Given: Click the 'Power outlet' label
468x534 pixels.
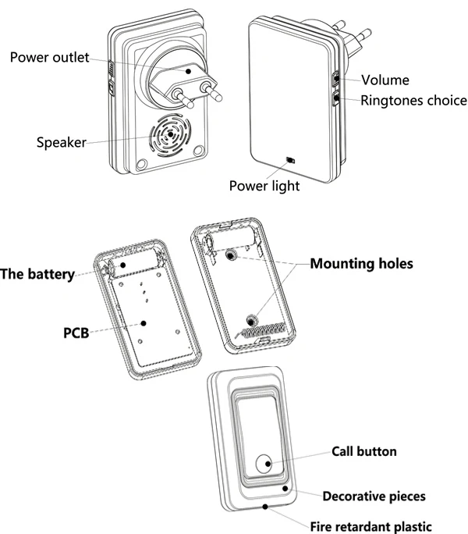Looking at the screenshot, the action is pos(49,58).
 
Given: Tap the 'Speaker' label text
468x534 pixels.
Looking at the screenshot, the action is pos(62,142).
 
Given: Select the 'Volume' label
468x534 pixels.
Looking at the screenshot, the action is pos(385,80).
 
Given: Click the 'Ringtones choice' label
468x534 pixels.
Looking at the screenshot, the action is pos(413,101).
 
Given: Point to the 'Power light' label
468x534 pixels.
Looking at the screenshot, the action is pos(264,186).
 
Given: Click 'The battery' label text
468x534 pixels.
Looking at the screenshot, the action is pos(37,274).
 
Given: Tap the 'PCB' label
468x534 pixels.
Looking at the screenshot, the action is pos(76,333).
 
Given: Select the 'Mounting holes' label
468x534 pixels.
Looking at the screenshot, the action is pos(361,264).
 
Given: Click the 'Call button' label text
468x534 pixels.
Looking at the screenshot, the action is pos(363,451).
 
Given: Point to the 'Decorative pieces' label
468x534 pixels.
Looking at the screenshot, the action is pos(374,497).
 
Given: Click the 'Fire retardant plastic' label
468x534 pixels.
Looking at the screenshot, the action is pos(370,526).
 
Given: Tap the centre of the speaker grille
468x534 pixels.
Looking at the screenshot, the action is pos(170,134).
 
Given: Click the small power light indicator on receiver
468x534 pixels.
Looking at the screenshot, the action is pos(291,160).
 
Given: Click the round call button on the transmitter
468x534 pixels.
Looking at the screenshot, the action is pos(264,464).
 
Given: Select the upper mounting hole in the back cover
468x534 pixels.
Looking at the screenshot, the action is pos(231,255).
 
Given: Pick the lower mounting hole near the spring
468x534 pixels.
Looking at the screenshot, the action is pos(252,320).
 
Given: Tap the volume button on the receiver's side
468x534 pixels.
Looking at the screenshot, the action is pos(335,79).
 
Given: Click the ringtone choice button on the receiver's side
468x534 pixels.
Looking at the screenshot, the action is pos(336,98).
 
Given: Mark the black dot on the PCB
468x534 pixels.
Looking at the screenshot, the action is pos(144,323).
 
